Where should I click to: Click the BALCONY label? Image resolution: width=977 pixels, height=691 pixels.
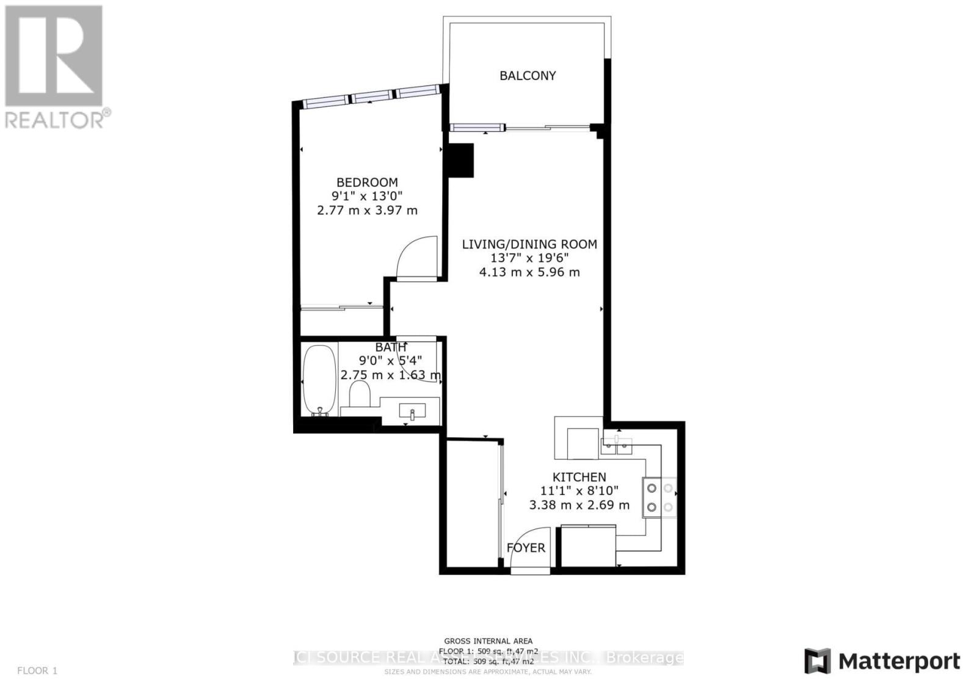(528, 76)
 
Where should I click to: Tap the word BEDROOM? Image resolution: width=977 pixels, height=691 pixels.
(367, 183)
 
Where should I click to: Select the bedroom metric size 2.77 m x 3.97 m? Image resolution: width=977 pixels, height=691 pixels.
(367, 211)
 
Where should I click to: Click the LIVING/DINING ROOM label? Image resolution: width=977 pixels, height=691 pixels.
(529, 244)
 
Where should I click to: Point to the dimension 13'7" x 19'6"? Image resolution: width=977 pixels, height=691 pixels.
(529, 258)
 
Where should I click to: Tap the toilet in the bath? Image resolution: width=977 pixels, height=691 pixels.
(360, 395)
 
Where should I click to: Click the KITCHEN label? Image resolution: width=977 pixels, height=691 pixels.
(579, 477)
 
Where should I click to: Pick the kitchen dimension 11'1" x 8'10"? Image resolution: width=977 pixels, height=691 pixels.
(579, 491)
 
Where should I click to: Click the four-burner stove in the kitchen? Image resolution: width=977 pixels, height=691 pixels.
(659, 497)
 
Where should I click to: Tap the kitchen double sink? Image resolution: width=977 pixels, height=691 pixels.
(617, 446)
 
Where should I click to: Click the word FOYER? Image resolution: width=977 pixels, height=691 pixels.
(526, 548)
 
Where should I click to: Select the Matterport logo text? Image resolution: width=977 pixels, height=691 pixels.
(899, 662)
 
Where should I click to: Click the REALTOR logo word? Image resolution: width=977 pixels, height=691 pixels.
(55, 120)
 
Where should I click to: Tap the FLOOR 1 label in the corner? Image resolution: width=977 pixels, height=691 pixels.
(37, 671)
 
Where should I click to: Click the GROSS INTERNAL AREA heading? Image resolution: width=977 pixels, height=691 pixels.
(488, 641)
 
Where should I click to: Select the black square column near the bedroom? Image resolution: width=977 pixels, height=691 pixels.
(461, 160)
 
